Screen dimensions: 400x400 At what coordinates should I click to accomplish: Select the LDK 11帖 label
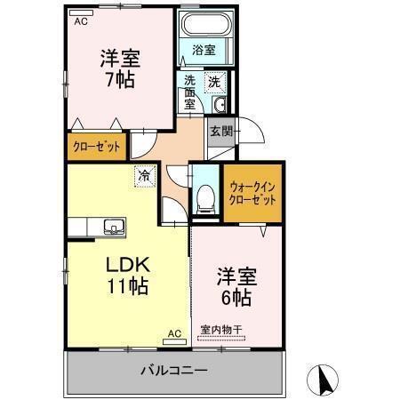[x=128, y=275]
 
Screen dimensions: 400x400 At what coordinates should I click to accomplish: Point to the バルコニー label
[x=174, y=369]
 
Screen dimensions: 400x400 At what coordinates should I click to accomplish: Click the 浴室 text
[x=203, y=51]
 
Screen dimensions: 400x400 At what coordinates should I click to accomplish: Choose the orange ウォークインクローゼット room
[x=252, y=194]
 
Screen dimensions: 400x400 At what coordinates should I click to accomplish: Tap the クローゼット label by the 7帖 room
[x=96, y=148]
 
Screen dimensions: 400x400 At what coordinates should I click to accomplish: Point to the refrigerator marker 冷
[x=143, y=176]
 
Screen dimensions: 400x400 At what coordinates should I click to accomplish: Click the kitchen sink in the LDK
[x=114, y=226]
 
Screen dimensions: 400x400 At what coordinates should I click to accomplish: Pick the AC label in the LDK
[x=174, y=334]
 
